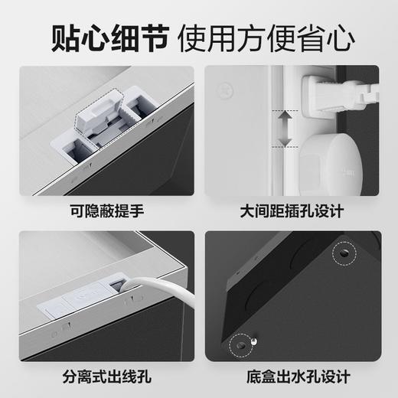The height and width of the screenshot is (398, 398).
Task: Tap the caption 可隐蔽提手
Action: pos(106,207)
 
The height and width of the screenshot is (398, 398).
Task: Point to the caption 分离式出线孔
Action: pos(106,377)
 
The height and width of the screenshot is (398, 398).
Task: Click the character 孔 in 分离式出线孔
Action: pos(145,377)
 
